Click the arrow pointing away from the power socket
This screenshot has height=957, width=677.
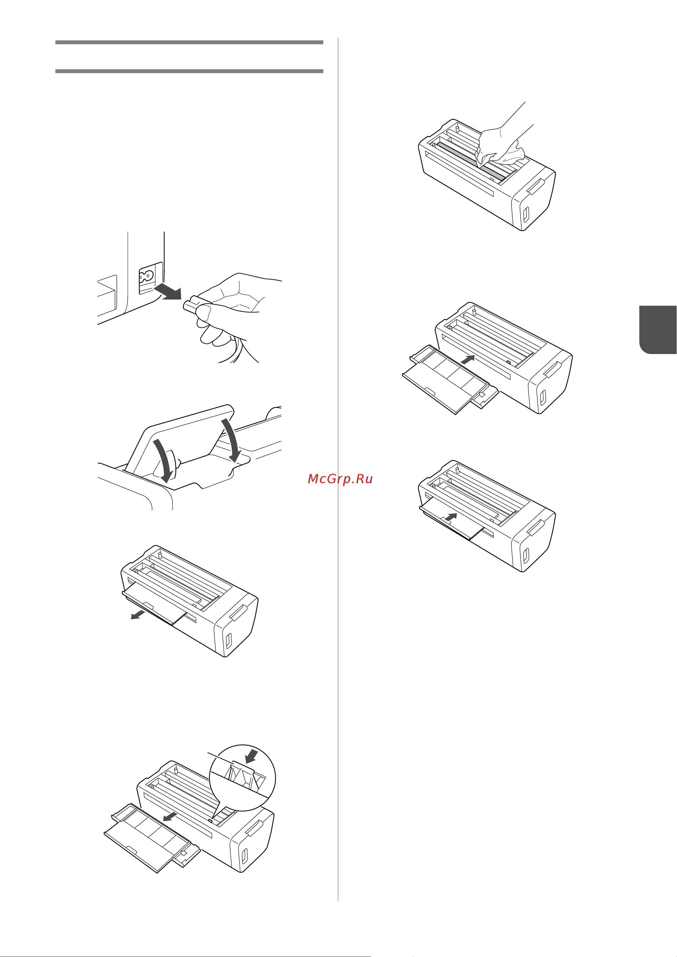click(x=168, y=292)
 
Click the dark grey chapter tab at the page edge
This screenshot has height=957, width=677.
click(x=658, y=330)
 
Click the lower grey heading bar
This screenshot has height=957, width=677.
click(x=189, y=71)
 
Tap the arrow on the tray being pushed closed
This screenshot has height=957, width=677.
click(x=451, y=517)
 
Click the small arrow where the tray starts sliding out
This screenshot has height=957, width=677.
click(x=138, y=614)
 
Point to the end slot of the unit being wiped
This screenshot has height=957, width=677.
click(x=526, y=214)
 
